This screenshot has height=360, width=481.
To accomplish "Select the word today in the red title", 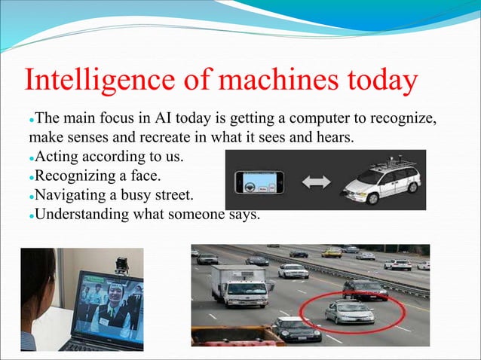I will [375, 82].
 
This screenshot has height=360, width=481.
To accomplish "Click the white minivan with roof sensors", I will [381, 179].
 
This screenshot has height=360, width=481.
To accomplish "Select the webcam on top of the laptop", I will [121, 264].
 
